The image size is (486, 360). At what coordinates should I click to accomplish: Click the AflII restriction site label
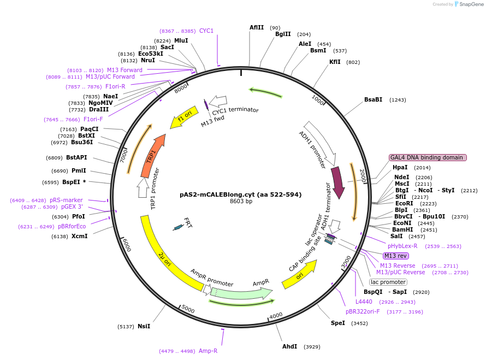[257, 27]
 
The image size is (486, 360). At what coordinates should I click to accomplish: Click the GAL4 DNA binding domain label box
[428, 157]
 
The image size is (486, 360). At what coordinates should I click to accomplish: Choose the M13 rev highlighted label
[395, 256]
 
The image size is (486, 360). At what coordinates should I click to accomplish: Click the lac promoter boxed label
[388, 282]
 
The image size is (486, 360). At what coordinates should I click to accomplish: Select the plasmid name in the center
[241, 194]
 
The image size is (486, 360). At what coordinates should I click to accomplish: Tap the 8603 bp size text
[241, 202]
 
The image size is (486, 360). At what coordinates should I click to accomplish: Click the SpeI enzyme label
[338, 323]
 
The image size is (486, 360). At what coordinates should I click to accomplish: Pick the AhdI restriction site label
[289, 347]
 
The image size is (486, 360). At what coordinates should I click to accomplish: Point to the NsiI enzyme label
[144, 326]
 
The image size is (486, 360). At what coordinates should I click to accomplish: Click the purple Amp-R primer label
[208, 351]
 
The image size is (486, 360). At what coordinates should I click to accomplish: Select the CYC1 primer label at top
[206, 31]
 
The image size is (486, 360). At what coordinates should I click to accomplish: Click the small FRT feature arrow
[177, 227]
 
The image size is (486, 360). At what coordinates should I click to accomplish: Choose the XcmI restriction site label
[79, 236]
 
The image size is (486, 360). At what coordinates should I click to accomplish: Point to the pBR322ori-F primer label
[363, 311]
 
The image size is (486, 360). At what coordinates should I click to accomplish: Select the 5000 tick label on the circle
[188, 309]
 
